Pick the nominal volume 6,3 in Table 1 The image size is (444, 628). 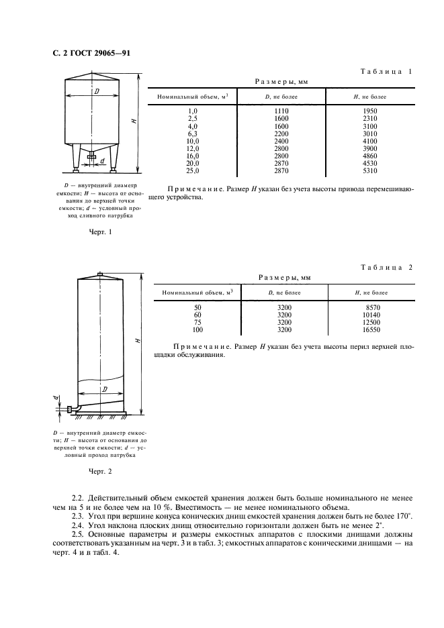point(193,134)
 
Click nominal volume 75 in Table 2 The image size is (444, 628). point(197,322)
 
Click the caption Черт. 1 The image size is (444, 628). point(99,232)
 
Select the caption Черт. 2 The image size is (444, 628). point(101,470)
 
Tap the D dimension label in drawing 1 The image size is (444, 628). point(97,90)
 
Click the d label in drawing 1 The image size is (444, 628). point(102,161)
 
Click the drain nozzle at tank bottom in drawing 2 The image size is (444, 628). point(71,409)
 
